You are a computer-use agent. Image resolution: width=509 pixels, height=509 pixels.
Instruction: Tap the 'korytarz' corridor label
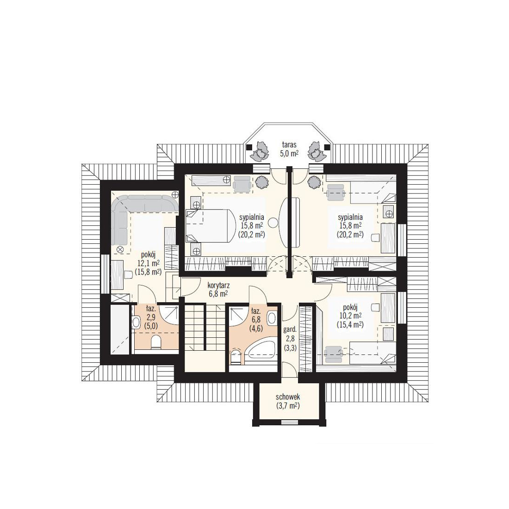219,286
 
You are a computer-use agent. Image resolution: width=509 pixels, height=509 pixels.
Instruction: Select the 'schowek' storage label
288,397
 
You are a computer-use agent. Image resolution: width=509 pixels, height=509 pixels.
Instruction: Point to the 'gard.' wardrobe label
290,330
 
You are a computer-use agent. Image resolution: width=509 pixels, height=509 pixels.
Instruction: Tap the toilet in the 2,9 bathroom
156,342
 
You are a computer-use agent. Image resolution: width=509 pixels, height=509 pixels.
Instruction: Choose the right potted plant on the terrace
317,151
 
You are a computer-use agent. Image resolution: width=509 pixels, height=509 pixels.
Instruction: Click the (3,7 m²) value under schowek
288,405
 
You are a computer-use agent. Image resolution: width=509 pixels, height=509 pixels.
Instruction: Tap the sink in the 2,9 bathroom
136,322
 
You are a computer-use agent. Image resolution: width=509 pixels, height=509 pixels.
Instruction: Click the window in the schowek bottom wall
288,422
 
